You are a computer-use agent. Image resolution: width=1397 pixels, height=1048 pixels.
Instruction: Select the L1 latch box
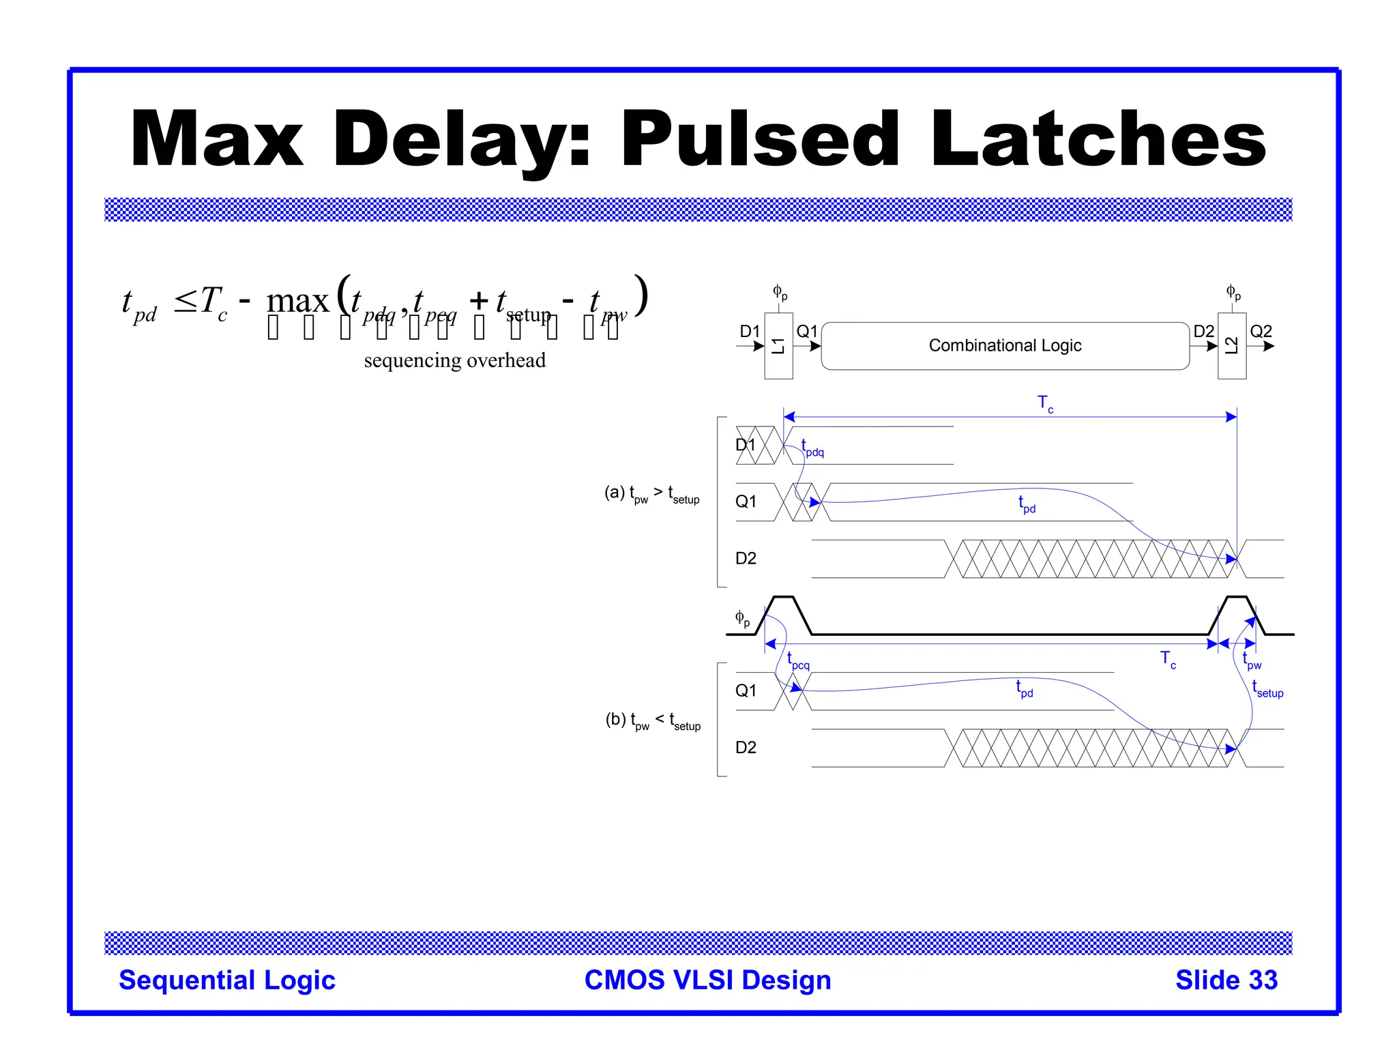[x=778, y=345]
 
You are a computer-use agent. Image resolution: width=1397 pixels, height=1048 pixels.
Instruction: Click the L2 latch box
[x=1231, y=345]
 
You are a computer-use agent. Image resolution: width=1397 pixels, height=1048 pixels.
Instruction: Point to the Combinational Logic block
[x=1005, y=346]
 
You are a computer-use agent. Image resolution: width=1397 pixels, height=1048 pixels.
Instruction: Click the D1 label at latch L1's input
[x=750, y=332]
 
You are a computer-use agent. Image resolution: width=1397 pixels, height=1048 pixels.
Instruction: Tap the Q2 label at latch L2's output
[x=1261, y=332]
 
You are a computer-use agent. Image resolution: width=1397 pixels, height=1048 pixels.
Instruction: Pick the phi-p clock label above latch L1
[x=780, y=293]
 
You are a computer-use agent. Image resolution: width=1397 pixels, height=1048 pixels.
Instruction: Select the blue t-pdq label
[x=812, y=448]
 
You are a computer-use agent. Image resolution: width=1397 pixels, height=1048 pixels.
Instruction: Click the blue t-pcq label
[x=798, y=661]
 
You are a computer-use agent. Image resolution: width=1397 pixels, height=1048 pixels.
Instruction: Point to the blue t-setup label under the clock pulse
[x=1267, y=690]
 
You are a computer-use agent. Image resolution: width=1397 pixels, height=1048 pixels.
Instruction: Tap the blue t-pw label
[x=1252, y=661]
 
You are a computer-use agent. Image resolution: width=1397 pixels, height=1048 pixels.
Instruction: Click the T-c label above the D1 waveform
[x=1045, y=404]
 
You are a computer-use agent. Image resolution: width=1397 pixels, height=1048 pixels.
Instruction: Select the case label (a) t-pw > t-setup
[x=651, y=494]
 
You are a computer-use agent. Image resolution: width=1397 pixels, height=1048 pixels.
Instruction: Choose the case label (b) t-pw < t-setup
[x=653, y=720]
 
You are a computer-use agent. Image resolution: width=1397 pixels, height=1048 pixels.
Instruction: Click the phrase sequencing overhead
[x=454, y=360]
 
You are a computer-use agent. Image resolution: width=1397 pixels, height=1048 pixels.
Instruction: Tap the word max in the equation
[x=297, y=301]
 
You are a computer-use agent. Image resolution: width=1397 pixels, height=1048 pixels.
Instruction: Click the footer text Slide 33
[x=1226, y=980]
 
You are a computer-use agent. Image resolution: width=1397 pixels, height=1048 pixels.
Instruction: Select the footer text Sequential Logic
[x=227, y=980]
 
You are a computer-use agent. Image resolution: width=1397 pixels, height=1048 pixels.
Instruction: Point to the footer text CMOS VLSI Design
[x=707, y=980]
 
